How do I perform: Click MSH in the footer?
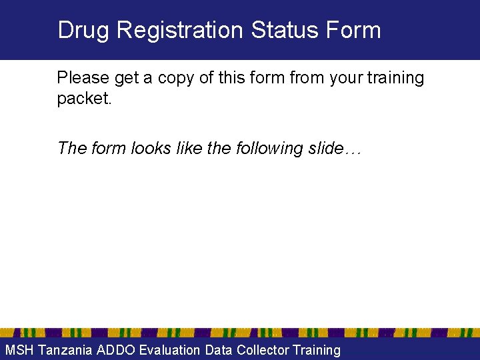click(19, 350)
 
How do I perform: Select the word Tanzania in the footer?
click(65, 350)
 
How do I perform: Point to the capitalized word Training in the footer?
click(317, 350)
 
